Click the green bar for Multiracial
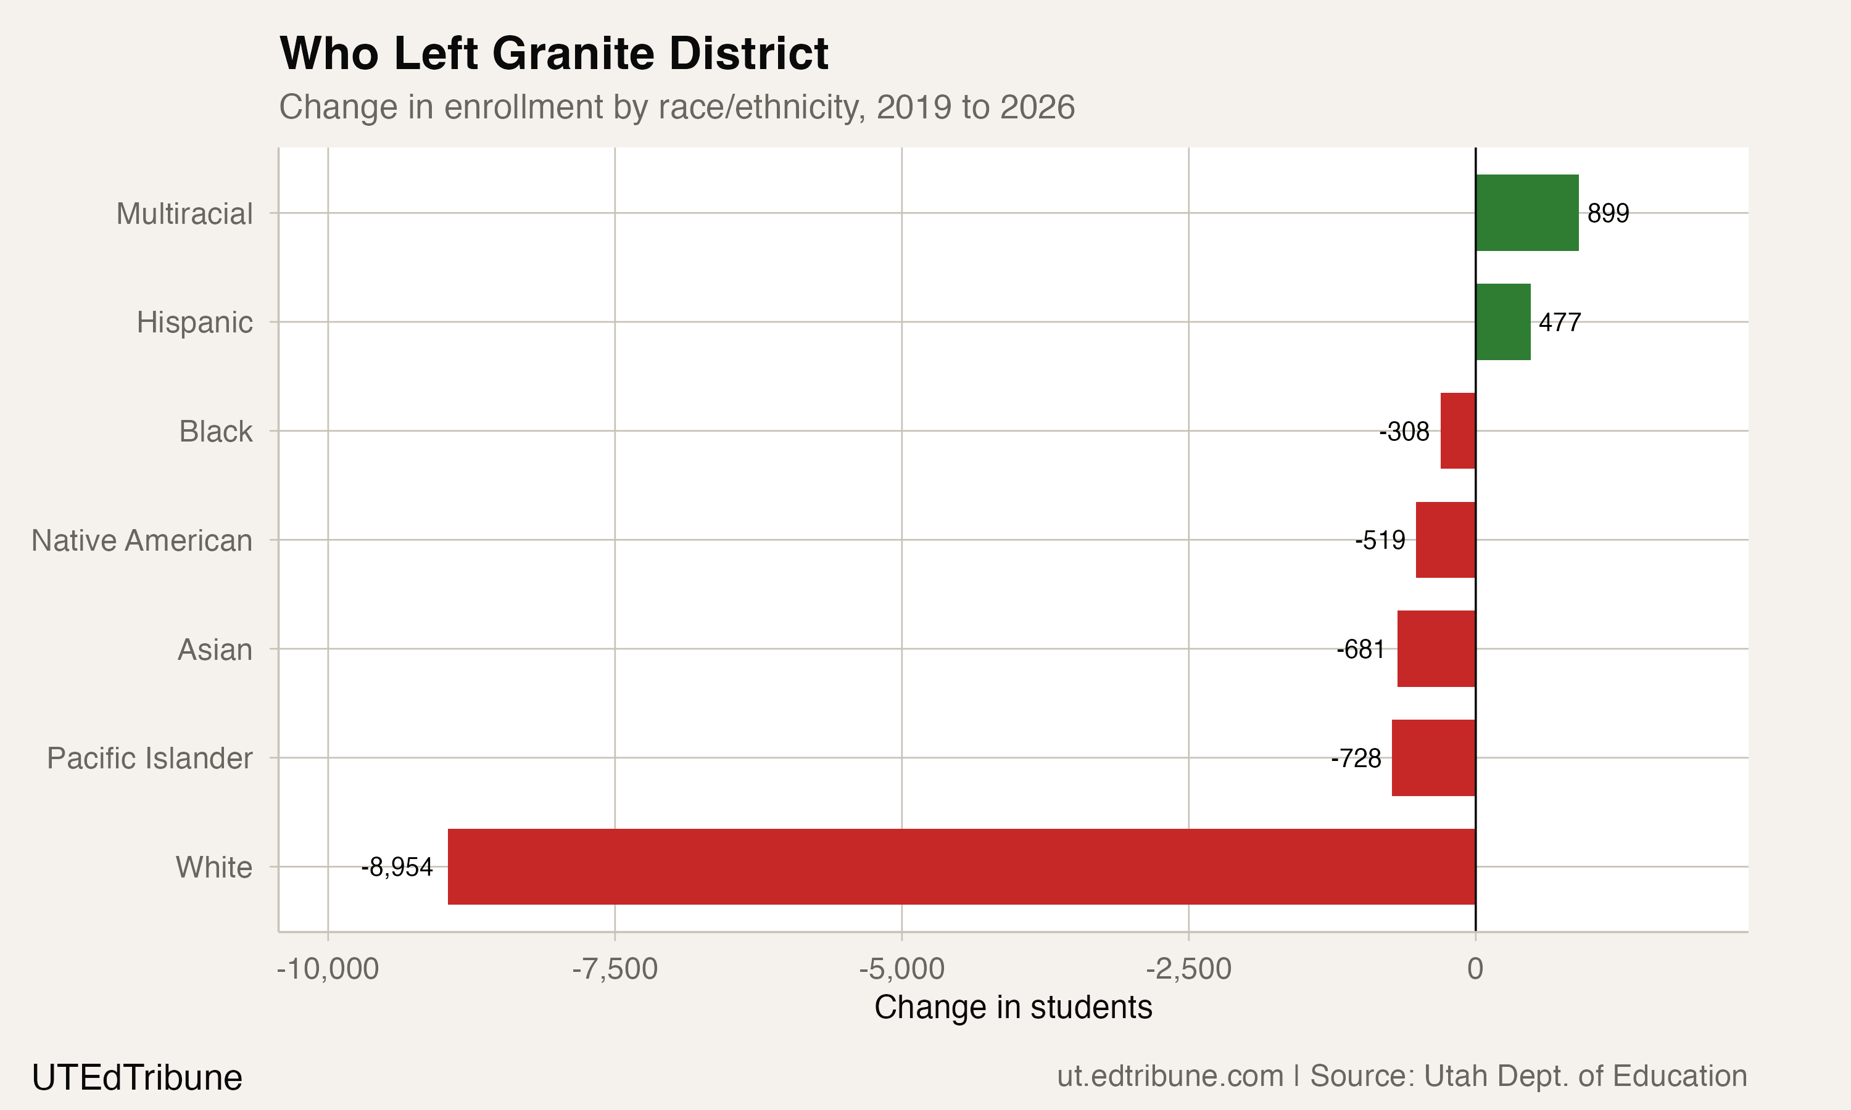click(1526, 213)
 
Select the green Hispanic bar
click(1502, 322)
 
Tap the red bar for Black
click(1457, 431)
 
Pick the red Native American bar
click(1445, 540)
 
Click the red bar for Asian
click(1436, 649)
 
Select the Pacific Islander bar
click(1433, 758)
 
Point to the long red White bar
click(961, 866)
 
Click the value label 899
click(1608, 214)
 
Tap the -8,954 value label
click(397, 868)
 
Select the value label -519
click(1380, 540)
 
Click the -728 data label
click(1356, 758)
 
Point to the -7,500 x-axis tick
click(615, 969)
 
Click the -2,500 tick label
click(1188, 969)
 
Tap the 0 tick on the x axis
click(1475, 969)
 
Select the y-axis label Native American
click(141, 540)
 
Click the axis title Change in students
click(1012, 1008)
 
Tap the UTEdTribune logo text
click(137, 1078)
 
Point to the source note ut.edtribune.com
click(1169, 1076)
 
